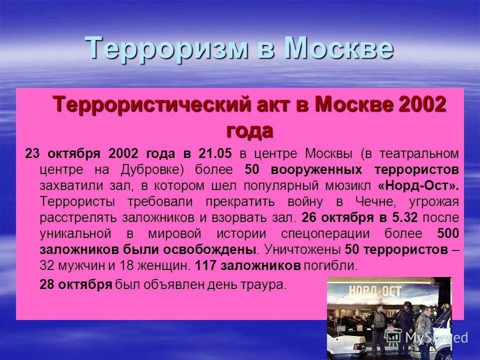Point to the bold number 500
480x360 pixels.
pyautogui.click(x=448, y=233)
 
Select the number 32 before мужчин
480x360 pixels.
pyautogui.click(x=47, y=266)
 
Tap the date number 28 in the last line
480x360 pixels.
pyautogui.click(x=47, y=285)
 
